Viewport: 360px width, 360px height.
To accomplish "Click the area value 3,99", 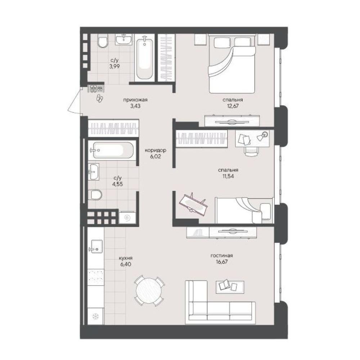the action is [x=114, y=67].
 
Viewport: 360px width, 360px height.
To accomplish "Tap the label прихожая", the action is [x=135, y=100].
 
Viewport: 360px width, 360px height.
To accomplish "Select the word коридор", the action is [x=156, y=150].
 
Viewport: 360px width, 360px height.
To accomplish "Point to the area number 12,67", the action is [x=233, y=106].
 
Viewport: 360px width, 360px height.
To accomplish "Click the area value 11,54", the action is [x=228, y=176].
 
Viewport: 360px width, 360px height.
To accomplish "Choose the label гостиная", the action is [x=222, y=256].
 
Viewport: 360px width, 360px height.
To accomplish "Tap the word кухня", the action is [x=126, y=258].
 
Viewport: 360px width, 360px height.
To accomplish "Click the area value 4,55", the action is [x=118, y=184].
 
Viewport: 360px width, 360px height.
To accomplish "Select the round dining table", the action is [x=149, y=291].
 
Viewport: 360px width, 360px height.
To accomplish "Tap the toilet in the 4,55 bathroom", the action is [x=95, y=194].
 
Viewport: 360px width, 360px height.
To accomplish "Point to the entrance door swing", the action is [x=75, y=101].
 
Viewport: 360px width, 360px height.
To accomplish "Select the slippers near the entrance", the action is [x=100, y=98].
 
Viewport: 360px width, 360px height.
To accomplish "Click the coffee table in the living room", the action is [x=230, y=287].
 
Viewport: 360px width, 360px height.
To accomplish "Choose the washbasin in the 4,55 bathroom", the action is [x=94, y=171].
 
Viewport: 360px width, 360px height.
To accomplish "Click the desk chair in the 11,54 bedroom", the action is [x=252, y=151].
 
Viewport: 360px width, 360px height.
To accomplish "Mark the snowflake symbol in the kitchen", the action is [x=95, y=316].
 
